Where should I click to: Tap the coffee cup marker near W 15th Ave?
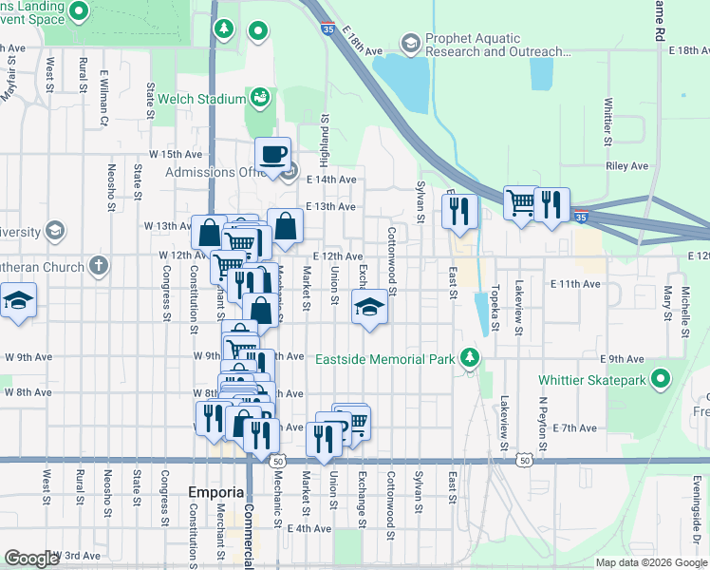273,155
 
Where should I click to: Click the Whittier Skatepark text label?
592,380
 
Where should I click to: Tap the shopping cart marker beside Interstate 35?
519,202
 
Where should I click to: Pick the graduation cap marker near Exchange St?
369,307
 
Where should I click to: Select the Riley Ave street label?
626,165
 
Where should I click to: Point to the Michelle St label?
685,319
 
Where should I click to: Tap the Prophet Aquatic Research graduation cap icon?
410,43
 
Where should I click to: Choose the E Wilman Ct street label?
106,91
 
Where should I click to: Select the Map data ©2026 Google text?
650,562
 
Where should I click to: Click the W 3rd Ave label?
79,555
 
